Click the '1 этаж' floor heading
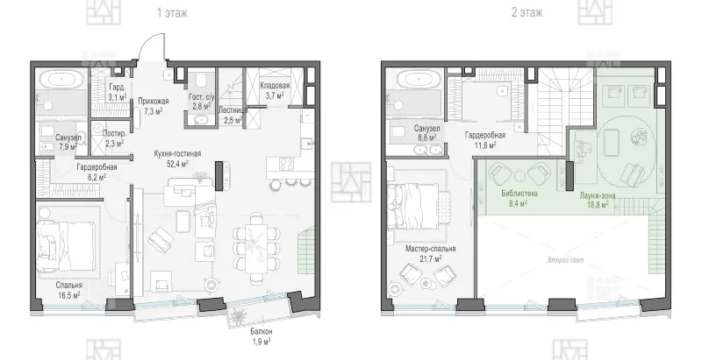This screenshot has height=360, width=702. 172,13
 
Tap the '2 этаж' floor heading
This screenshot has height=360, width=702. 527,12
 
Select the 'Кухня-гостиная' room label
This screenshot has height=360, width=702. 177,153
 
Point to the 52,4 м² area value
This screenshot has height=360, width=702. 177,164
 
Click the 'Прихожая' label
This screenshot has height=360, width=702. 153,102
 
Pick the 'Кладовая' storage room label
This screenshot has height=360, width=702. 275,85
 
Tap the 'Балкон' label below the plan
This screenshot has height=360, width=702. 261,332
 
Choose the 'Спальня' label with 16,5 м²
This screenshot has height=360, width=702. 69,285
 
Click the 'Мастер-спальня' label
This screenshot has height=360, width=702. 430,249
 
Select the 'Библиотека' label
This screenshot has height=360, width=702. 519,194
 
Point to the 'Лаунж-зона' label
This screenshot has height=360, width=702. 598,195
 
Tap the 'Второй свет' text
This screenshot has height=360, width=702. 565,259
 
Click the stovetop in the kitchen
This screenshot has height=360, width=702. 287,164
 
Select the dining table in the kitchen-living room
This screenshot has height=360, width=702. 256,248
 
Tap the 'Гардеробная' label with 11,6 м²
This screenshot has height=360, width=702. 485,135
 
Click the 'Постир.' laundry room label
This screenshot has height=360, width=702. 114,133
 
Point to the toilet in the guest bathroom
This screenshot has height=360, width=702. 200,81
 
